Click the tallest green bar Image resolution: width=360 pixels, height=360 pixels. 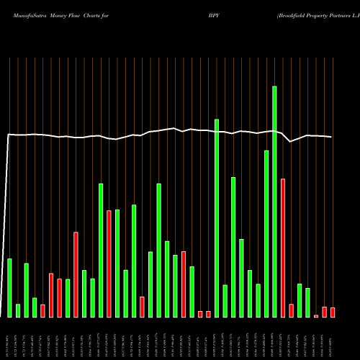pos(274,202)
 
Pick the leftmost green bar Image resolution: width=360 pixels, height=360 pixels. pos(9,288)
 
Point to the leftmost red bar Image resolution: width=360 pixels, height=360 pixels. pos(42,310)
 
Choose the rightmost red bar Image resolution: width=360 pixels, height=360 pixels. pos(333,312)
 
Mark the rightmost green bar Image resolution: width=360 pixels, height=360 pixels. pos(307,302)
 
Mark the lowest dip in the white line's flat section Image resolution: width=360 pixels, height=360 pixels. pos(291,142)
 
